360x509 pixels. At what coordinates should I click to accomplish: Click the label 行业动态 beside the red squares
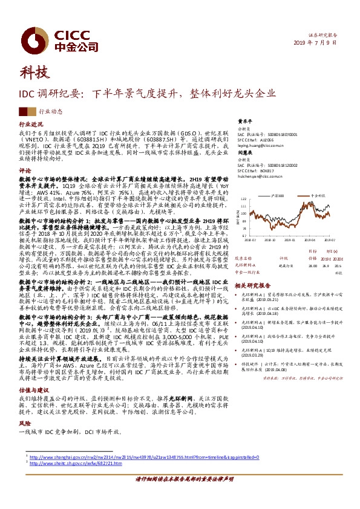(x=51, y=112)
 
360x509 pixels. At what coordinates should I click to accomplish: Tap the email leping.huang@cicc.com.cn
(x=259, y=146)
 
